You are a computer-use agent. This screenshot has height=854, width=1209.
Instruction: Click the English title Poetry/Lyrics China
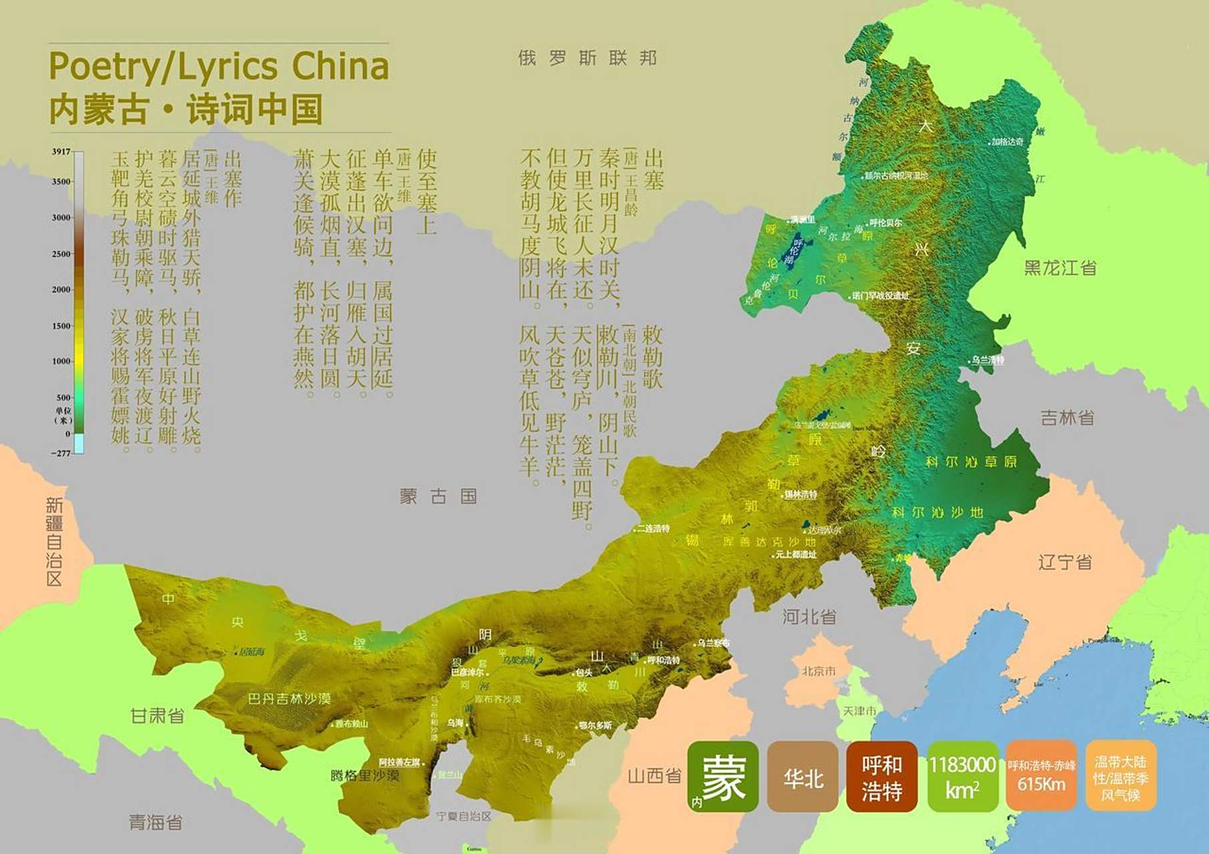tap(219, 67)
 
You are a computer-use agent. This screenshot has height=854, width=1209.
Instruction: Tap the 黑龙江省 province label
tap(1060, 268)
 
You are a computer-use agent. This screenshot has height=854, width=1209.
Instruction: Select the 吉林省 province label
tap(1068, 418)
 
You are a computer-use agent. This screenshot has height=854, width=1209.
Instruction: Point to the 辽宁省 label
tap(1065, 562)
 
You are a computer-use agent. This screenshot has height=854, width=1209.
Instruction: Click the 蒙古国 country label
tap(438, 496)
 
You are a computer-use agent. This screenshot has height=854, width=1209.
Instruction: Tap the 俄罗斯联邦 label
tap(587, 58)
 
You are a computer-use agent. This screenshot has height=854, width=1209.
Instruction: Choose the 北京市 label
tap(818, 671)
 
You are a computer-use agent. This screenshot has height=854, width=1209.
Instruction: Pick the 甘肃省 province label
tap(157, 716)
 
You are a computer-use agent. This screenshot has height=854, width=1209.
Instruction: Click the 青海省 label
tap(155, 822)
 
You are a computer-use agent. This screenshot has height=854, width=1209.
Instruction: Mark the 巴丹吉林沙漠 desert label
tap(289, 699)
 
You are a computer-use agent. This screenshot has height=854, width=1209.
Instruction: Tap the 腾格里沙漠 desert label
tap(364, 775)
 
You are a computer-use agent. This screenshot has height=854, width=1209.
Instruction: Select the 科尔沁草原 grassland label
tap(971, 462)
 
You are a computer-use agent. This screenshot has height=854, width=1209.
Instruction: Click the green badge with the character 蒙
tap(723, 777)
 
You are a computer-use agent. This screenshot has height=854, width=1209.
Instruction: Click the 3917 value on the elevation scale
tap(61, 151)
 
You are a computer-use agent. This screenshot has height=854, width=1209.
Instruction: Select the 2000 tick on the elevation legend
tap(61, 290)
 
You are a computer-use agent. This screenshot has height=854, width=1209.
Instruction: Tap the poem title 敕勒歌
tap(652, 357)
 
